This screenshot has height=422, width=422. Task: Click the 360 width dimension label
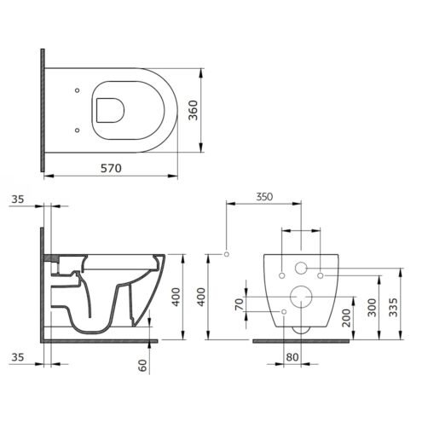coord(194,110)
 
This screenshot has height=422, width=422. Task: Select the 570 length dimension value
coord(111,168)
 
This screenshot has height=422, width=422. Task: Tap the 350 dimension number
coord(264,197)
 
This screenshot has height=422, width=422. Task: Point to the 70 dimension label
coord(240,304)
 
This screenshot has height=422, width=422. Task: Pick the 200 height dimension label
coord(347,318)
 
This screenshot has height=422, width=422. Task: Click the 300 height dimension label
coord(372,308)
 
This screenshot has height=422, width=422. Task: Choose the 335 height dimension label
coord(393,307)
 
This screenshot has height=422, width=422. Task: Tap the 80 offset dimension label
coord(292,357)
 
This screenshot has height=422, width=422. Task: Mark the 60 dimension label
coord(143,365)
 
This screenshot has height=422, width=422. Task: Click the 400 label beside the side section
coord(176,297)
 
